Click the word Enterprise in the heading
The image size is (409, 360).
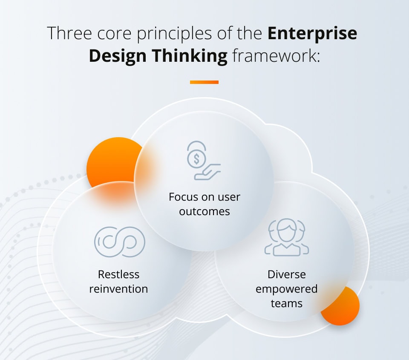(312, 34)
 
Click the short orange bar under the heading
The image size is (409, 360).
(204, 82)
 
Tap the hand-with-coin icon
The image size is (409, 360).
(204, 161)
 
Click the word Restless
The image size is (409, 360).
(118, 274)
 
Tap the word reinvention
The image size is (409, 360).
(118, 289)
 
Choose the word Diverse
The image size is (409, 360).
(286, 274)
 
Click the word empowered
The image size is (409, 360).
(286, 289)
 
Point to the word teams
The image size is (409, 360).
(286, 304)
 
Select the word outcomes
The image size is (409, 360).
(204, 211)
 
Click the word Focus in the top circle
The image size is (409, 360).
(183, 197)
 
